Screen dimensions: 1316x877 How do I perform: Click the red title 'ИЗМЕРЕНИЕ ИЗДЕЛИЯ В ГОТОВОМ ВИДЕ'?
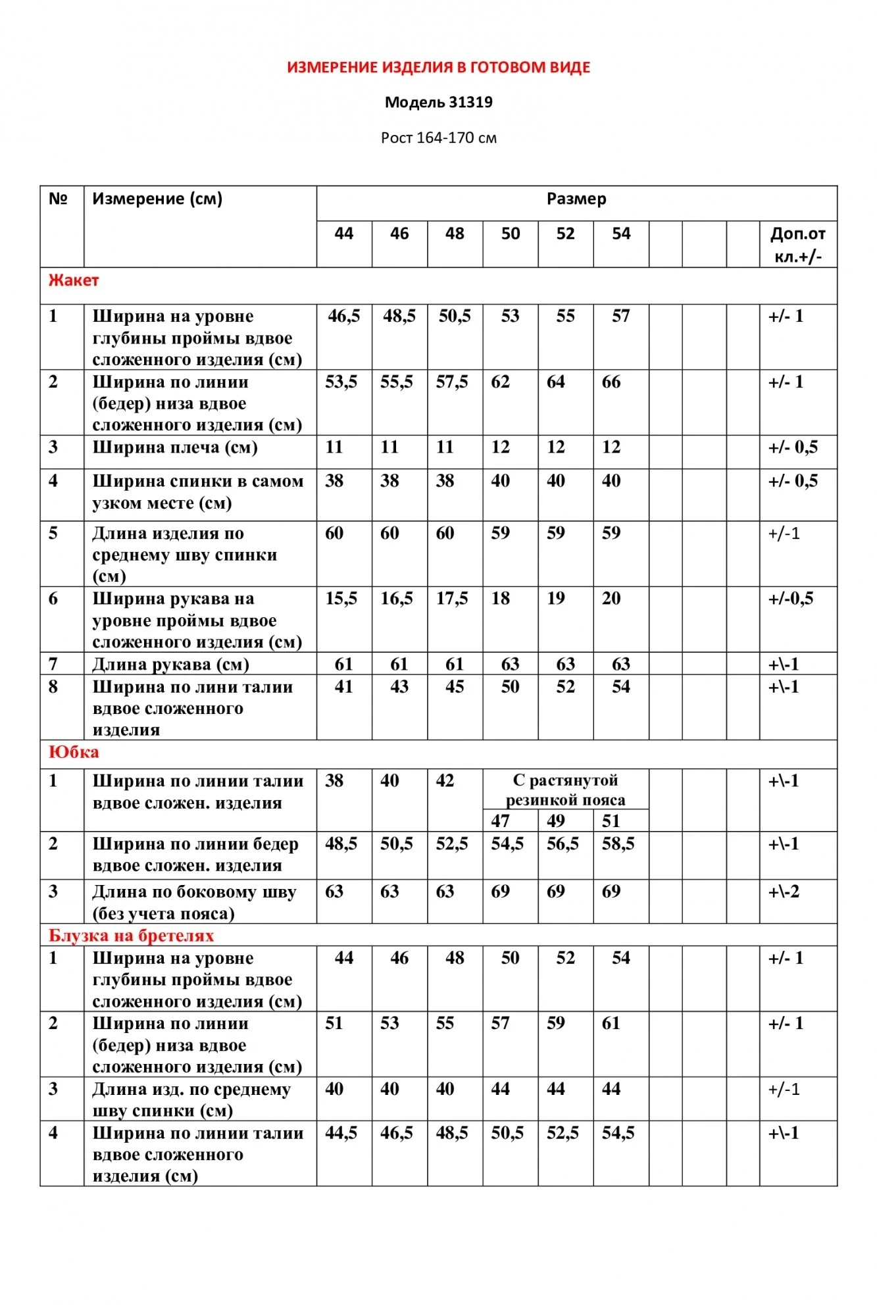coord(438,67)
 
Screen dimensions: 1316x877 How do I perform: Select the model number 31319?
coord(470,103)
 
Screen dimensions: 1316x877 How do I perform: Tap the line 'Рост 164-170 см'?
coord(438,138)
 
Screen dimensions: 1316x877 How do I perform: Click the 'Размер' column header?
coord(576,199)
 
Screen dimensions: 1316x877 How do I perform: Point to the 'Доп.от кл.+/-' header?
coord(797,244)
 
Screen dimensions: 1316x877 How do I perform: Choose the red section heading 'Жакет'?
coord(74,280)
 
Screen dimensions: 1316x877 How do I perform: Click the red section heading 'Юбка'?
coord(74,752)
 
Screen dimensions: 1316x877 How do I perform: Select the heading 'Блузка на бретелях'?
coord(131,935)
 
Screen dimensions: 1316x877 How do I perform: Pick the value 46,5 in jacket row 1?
coord(344,316)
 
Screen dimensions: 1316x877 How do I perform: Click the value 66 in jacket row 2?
coord(611,382)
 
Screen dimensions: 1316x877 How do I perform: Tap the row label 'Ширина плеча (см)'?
coord(174,447)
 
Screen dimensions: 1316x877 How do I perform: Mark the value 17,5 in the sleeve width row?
coord(452,599)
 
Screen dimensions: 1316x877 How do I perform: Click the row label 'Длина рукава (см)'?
coord(170,665)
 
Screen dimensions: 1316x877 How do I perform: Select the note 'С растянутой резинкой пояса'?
coord(565,790)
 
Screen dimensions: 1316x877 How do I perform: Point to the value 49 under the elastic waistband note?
coord(556,821)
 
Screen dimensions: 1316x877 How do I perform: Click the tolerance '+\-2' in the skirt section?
coord(784,892)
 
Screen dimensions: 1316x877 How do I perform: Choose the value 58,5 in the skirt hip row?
coord(618,844)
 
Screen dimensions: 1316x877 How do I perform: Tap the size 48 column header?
coord(455,234)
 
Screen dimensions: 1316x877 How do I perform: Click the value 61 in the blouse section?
coord(611,1023)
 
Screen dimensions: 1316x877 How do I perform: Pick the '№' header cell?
coord(59,199)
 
